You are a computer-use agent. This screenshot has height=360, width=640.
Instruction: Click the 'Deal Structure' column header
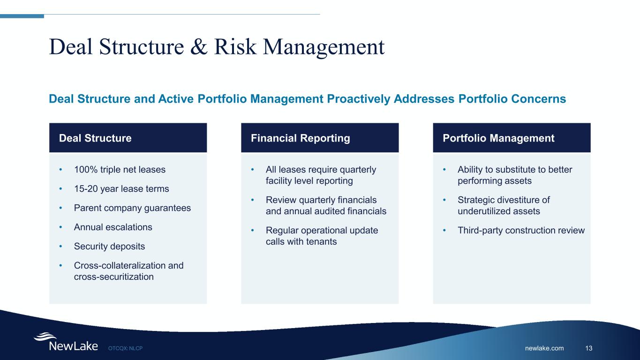95,138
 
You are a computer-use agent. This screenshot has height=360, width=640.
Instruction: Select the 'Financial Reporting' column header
300,138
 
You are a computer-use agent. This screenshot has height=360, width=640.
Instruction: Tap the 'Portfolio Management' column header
498,138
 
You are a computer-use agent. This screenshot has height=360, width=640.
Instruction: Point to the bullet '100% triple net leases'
120,170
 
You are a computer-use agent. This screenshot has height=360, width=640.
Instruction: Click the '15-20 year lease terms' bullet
121,189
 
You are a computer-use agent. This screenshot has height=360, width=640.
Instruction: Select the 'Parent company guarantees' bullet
132,208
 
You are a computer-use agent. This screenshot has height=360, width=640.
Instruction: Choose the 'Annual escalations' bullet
113,227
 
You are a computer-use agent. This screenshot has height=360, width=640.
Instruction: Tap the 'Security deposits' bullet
109,246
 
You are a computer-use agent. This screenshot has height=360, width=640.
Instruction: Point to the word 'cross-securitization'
113,277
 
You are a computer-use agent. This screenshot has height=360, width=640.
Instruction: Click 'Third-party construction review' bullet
521,230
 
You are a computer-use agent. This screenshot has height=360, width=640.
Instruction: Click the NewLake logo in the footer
66,342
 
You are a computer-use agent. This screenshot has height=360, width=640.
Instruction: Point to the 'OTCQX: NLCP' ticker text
125,348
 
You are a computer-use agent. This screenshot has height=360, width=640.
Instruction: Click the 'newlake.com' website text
544,348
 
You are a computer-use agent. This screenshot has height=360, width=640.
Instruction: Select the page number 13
589,348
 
